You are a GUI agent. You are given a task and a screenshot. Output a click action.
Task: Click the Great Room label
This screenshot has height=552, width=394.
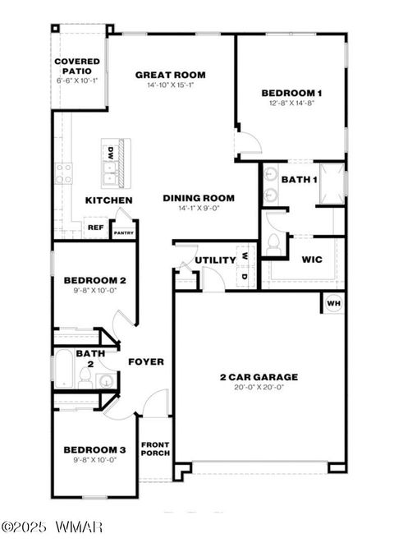point(170,75)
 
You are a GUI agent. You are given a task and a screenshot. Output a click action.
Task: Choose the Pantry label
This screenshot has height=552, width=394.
point(124,232)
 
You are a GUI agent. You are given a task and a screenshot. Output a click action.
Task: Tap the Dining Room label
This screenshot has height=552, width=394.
point(199,198)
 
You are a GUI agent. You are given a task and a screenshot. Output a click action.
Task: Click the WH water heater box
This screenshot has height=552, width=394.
point(333,303)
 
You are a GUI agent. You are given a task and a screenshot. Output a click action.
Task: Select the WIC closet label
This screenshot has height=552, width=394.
point(312,260)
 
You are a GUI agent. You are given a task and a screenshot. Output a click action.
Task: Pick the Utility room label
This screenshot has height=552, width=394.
point(215,260)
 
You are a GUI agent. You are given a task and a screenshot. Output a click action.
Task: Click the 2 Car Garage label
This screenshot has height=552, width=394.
point(259,378)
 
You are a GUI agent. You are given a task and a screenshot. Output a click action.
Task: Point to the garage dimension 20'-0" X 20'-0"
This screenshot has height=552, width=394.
point(259,389)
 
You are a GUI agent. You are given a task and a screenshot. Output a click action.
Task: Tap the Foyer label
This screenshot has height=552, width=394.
point(146,361)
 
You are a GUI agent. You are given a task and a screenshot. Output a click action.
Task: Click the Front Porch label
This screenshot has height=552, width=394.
point(155,448)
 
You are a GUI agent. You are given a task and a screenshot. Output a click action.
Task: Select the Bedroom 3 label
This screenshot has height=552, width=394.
point(94,450)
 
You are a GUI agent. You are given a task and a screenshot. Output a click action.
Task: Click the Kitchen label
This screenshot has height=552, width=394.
point(109,200)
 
